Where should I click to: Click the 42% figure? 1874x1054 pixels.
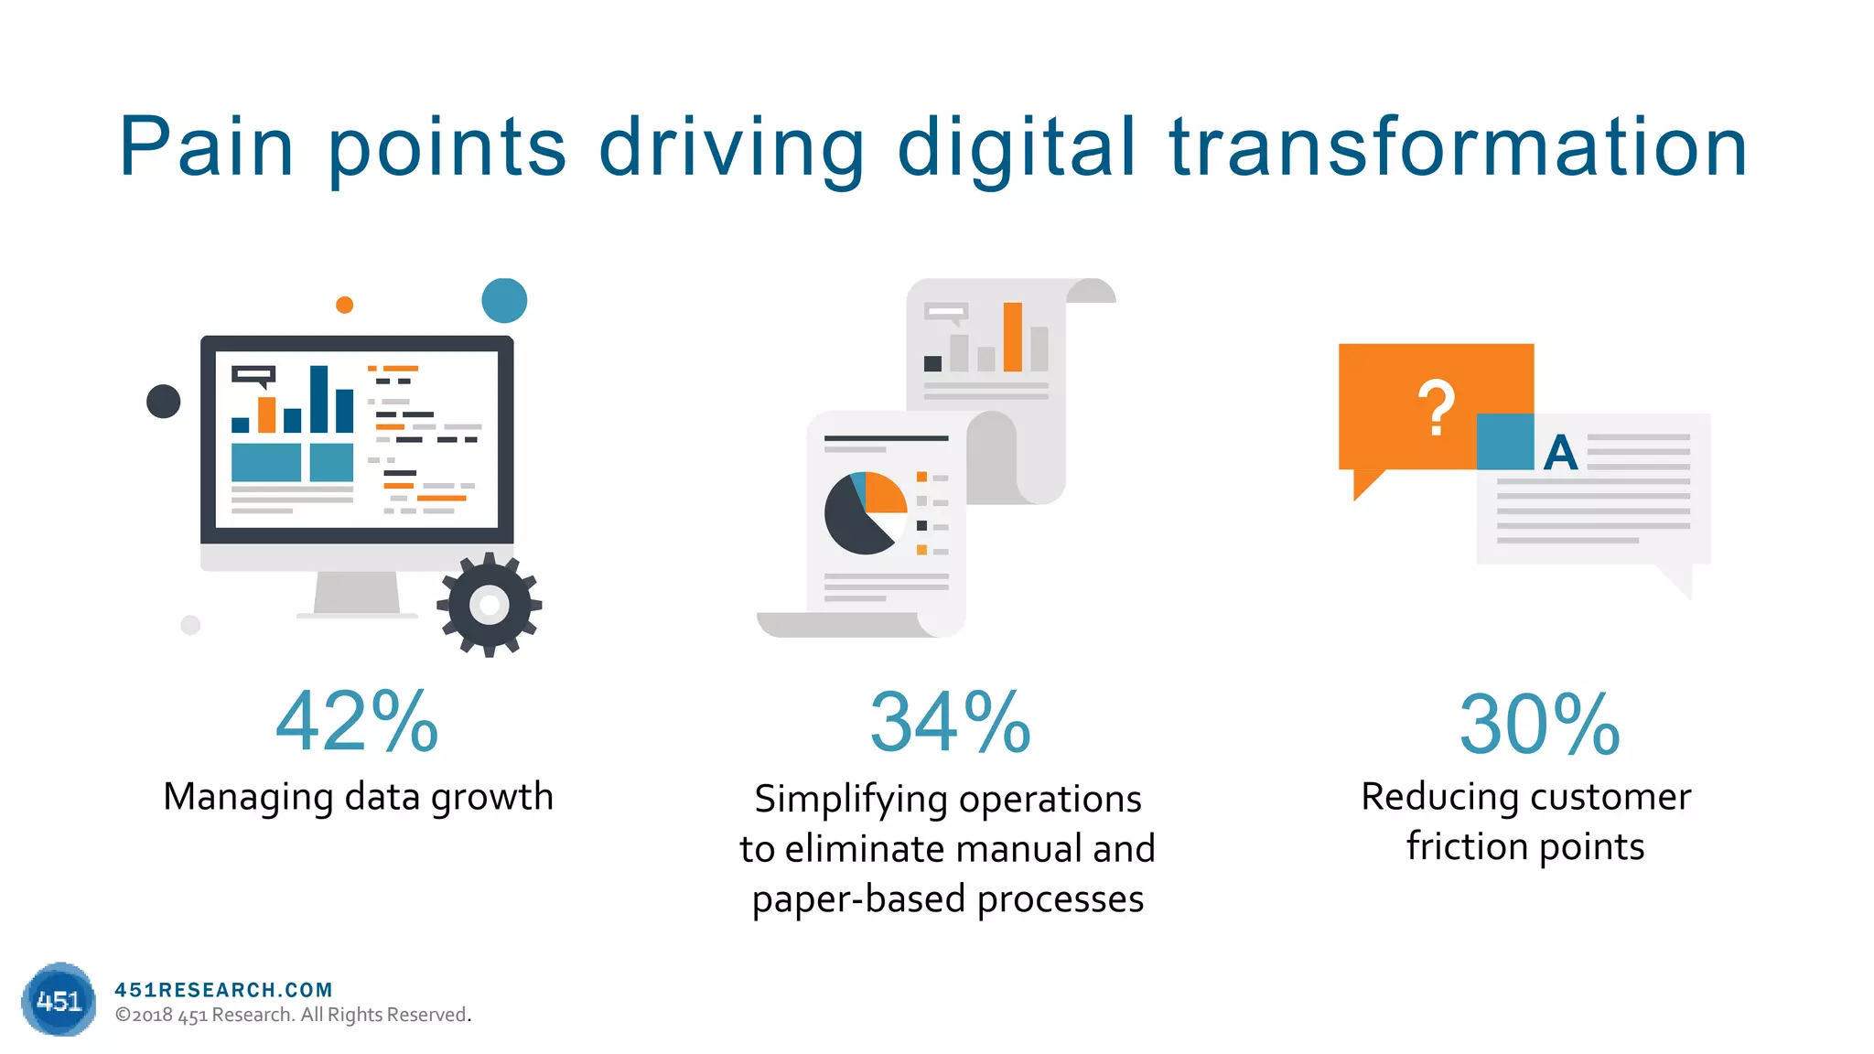click(357, 722)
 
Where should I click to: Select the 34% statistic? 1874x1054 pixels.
click(950, 723)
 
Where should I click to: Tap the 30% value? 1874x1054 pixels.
click(1539, 725)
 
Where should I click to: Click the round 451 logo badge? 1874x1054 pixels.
click(59, 999)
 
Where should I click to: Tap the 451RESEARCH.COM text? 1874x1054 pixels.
click(223, 989)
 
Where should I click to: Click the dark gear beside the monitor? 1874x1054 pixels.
click(490, 605)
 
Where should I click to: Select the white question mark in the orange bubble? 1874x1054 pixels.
click(1436, 408)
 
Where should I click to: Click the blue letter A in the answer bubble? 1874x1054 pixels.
click(1560, 453)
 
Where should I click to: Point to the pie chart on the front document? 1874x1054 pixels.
click(865, 513)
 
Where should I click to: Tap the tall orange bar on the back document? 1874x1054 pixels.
click(1012, 337)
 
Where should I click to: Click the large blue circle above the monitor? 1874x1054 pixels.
click(504, 300)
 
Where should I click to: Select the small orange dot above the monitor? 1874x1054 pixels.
click(344, 305)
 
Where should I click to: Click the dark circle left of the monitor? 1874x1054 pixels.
click(164, 401)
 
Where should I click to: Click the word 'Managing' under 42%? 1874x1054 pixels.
click(247, 797)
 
